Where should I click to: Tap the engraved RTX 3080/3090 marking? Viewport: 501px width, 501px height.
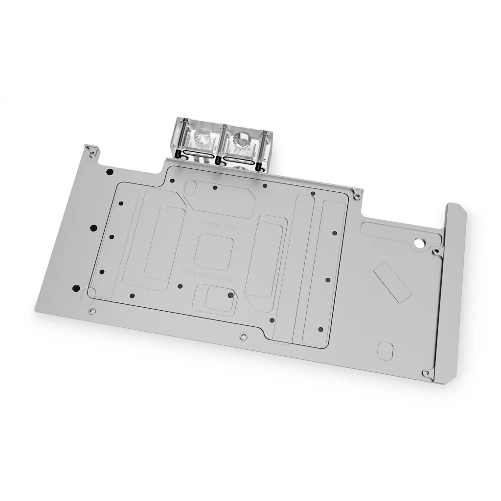209,275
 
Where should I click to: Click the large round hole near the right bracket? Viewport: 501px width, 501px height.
420,242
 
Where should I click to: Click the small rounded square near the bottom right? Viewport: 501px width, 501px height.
386,350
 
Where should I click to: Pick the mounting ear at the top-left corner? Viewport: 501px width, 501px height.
91,152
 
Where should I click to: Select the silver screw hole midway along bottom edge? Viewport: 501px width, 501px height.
243,336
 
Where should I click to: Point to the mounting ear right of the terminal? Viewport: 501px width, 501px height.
358,195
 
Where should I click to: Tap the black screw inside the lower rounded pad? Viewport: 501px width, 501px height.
229,295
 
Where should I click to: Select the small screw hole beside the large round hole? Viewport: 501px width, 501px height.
435,251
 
